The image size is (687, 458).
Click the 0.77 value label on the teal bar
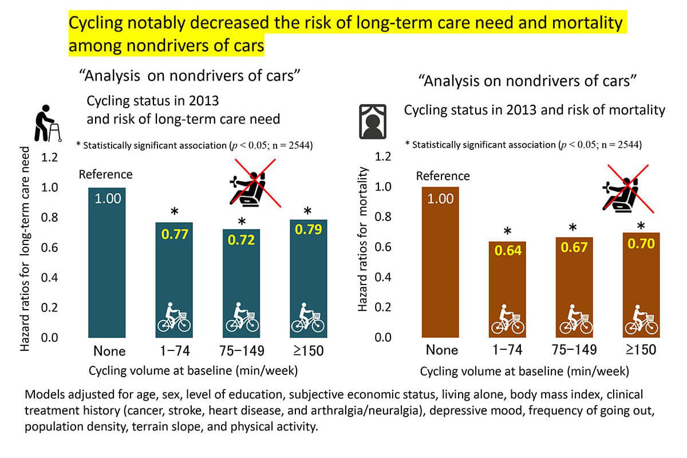174,234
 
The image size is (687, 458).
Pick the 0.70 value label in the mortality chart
641,244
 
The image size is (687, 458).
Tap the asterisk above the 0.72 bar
242,222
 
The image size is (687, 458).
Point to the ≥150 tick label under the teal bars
308,350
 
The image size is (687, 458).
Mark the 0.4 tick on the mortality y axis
382,277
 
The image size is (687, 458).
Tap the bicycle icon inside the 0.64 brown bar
507,322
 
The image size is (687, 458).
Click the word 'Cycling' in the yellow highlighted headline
97,23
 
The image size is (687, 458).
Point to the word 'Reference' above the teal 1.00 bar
105,174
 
